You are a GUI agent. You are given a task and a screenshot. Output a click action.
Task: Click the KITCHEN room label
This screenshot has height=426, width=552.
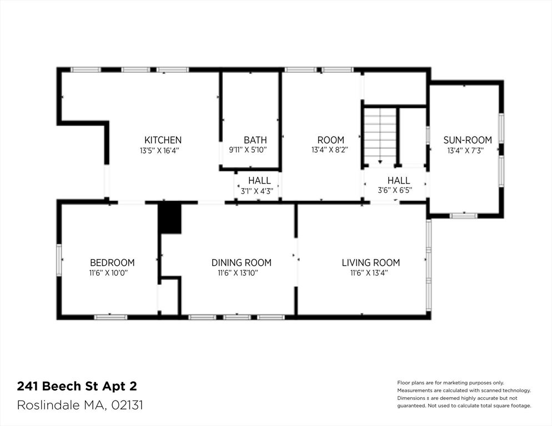click(x=163, y=140)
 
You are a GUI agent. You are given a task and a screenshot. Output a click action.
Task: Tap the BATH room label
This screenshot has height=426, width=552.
click(x=255, y=140)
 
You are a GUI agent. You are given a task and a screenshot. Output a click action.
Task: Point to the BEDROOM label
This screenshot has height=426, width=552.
click(x=112, y=262)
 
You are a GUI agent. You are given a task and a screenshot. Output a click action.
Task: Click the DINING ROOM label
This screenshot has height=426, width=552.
click(x=241, y=262)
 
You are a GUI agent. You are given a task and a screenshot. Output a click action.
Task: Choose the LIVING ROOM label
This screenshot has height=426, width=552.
click(x=370, y=262)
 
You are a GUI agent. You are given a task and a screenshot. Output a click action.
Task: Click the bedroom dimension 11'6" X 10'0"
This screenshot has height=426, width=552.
click(x=112, y=272)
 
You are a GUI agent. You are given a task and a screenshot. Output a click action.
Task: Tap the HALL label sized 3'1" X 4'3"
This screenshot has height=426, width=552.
click(x=259, y=181)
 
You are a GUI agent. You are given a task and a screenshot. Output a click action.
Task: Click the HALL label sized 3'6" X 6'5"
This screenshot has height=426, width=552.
click(x=398, y=181)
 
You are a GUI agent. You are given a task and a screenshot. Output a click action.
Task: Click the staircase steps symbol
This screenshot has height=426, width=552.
click(x=380, y=135)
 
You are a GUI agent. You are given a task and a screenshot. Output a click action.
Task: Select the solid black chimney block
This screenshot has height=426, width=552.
click(x=170, y=218)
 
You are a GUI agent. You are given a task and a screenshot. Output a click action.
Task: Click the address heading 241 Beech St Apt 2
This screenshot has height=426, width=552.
click(x=76, y=386)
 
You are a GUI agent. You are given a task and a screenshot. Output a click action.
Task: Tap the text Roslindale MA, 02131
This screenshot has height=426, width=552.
click(x=80, y=405)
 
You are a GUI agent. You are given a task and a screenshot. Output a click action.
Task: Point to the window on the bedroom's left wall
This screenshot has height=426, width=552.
click(x=59, y=260)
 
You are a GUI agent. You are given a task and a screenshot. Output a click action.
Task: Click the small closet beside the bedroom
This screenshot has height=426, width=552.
click(x=168, y=296)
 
